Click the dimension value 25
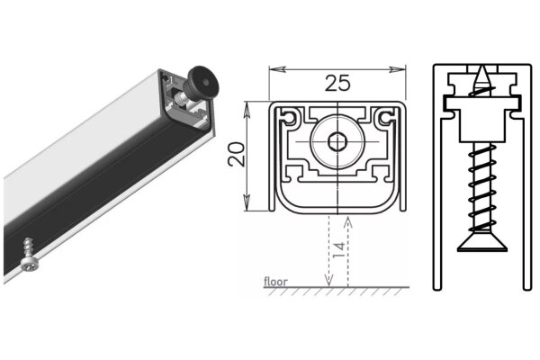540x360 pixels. pos(337,84)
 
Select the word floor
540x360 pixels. pos(275,282)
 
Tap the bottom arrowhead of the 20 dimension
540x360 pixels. pos(249,208)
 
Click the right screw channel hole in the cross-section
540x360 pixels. pos(386,118)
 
